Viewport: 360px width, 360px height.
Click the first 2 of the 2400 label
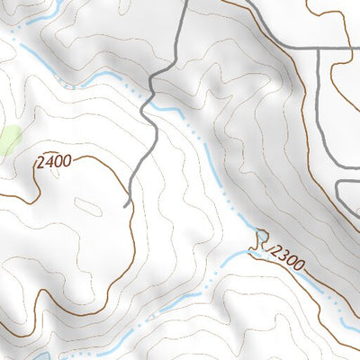(x=40, y=165)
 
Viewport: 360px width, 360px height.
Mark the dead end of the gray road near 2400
(x=126, y=205)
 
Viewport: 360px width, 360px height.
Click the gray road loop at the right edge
(x=346, y=193)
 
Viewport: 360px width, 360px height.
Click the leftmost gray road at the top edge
(x=184, y=4)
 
